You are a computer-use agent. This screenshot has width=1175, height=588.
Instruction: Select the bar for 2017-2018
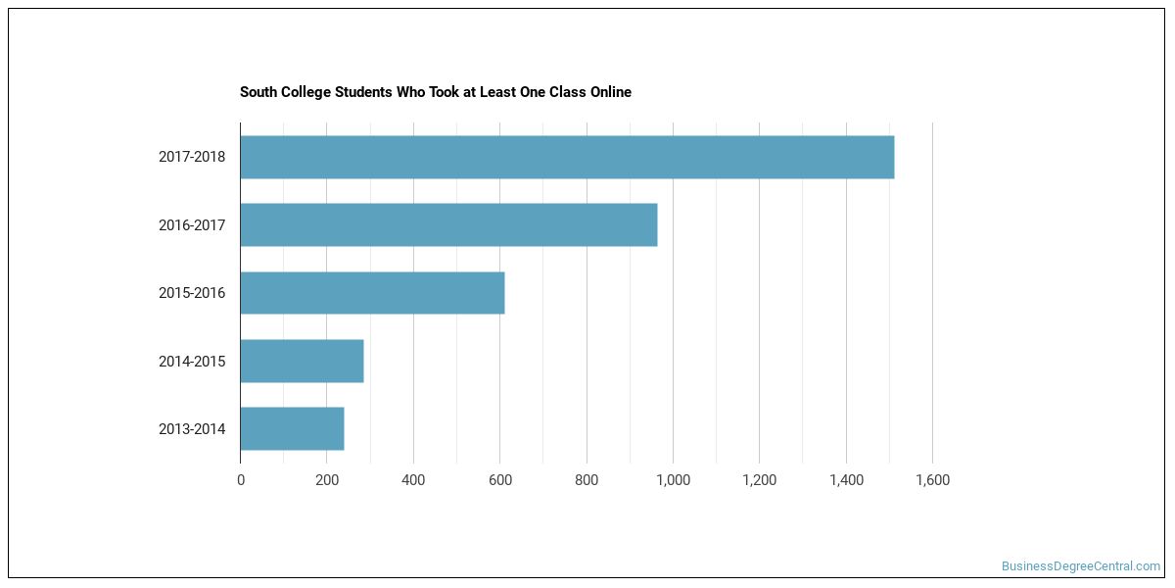pyautogui.click(x=568, y=157)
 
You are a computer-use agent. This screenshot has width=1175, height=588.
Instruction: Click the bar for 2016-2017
pyautogui.click(x=449, y=224)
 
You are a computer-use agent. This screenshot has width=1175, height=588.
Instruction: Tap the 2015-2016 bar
pyautogui.click(x=372, y=293)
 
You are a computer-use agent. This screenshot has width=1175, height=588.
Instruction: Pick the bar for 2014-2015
pyautogui.click(x=303, y=361)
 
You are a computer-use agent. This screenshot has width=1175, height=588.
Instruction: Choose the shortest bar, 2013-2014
pyautogui.click(x=292, y=428)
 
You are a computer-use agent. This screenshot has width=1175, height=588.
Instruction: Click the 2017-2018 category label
pyautogui.click(x=192, y=157)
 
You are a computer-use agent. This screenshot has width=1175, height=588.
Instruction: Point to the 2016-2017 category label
pyautogui.click(x=192, y=225)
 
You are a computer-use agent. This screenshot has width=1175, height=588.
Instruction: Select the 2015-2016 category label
pyautogui.click(x=192, y=293)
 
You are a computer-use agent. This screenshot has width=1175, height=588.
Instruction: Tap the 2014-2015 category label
pyautogui.click(x=192, y=362)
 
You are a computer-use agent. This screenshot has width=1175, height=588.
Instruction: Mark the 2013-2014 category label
pyautogui.click(x=192, y=429)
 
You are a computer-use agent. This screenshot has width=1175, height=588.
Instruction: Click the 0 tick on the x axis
pyautogui.click(x=241, y=480)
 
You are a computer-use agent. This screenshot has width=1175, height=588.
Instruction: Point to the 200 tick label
pyautogui.click(x=327, y=480)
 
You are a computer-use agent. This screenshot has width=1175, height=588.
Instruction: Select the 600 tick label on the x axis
pyautogui.click(x=500, y=480)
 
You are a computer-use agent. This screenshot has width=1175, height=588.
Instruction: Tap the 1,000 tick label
pyautogui.click(x=674, y=480)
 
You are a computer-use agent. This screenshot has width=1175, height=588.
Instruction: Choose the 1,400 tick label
pyautogui.click(x=846, y=480)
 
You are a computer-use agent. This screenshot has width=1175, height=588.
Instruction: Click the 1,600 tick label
pyautogui.click(x=932, y=480)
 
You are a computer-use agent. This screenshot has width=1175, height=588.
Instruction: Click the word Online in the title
pyautogui.click(x=611, y=92)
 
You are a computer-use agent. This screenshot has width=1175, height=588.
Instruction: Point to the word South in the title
pyautogui.click(x=258, y=92)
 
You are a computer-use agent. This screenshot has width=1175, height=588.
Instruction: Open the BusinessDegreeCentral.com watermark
pyautogui.click(x=1081, y=566)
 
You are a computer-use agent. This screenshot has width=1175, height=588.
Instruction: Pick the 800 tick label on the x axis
pyautogui.click(x=587, y=480)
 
